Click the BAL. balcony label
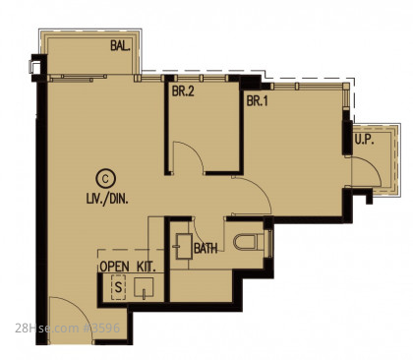[120, 45]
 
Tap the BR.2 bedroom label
[183, 91]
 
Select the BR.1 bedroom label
[257, 100]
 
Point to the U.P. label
[364, 140]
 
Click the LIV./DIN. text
[107, 199]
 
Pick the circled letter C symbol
[105, 179]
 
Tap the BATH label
[206, 248]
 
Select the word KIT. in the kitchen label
[146, 267]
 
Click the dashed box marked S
[118, 287]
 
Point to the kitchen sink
[144, 288]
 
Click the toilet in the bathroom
[249, 242]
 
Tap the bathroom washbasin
[184, 246]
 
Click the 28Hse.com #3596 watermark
[68, 328]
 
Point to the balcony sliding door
[78, 78]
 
